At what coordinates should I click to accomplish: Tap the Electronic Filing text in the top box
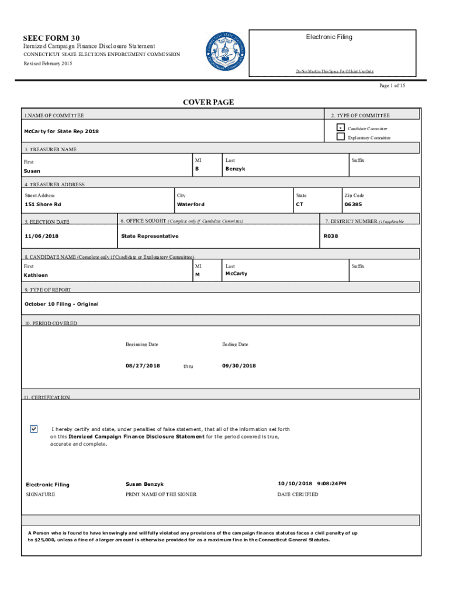[x=329, y=37]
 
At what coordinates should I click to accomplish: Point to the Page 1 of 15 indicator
[x=392, y=86]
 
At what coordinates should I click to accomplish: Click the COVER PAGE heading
[x=209, y=102]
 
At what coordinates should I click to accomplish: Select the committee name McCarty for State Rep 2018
[x=61, y=131]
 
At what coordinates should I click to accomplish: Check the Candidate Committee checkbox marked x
[x=340, y=128]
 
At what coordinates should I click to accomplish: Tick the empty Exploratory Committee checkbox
[x=340, y=137]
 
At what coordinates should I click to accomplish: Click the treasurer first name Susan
[x=32, y=172]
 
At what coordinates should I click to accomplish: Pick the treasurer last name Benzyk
[x=236, y=169]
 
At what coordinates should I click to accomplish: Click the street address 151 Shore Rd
[x=43, y=205]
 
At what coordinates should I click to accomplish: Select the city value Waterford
[x=191, y=205]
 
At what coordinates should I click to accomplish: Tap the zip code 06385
[x=352, y=205]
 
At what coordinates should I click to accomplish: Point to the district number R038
[x=331, y=237]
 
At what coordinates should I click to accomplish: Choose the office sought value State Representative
[x=150, y=237]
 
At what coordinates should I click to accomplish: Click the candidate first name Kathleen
[x=36, y=275]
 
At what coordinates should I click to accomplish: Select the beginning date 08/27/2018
[x=143, y=366]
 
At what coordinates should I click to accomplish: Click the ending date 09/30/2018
[x=239, y=366]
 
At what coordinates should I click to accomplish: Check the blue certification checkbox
[x=34, y=429]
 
